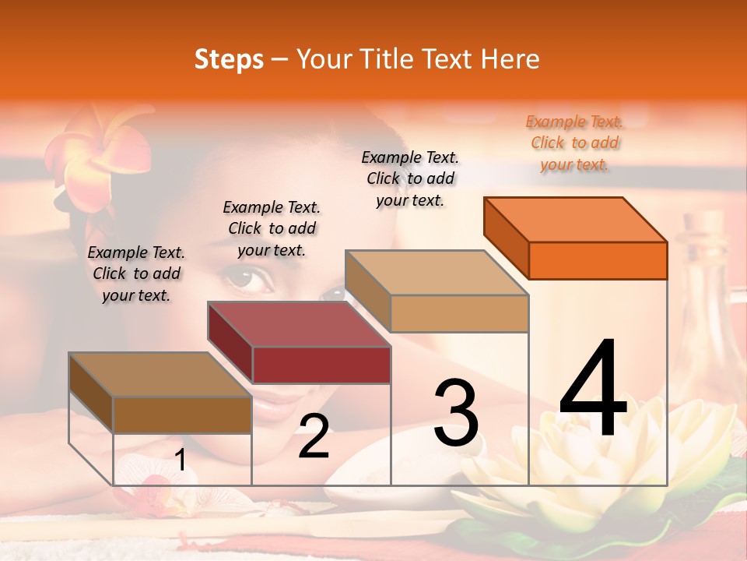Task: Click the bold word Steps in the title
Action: pos(229,59)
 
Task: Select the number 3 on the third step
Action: pos(456,414)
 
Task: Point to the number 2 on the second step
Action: pos(314,437)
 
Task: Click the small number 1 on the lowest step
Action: pos(180,460)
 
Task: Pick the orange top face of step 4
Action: pos(575,219)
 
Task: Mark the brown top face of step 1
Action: pos(160,375)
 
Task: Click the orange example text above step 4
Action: pos(574,143)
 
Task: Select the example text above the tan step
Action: pos(410,178)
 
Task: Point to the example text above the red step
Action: pos(272,228)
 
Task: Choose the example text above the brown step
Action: pos(136,273)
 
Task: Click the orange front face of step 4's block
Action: pos(598,260)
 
